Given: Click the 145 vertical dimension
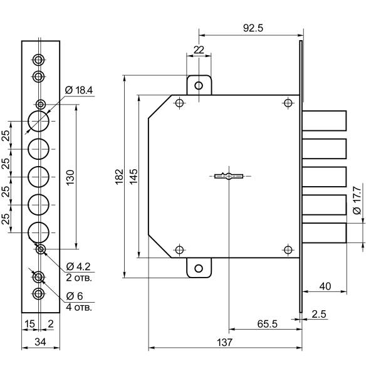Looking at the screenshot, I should click(133, 176).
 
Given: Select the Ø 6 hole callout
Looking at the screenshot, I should click(75, 296).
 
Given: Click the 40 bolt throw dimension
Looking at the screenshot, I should click(325, 286).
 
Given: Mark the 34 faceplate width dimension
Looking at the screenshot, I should click(41, 342).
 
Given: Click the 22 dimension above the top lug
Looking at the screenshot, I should click(199, 50).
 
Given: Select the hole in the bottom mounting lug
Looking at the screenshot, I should click(199, 268).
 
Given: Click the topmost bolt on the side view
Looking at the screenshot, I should click(326, 120).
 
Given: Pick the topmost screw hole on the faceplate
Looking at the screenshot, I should click(39, 60).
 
